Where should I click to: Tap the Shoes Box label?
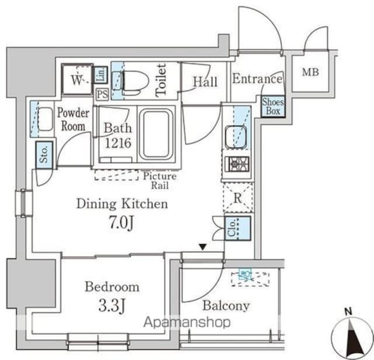(272, 106)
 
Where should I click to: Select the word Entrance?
(257, 79)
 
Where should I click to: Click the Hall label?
(205, 82)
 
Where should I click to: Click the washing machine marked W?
(77, 81)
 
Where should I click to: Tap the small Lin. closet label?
(101, 74)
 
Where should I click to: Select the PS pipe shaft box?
(102, 94)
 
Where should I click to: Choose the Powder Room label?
(73, 119)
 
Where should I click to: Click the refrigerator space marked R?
(237, 196)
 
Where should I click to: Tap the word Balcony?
(226, 305)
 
